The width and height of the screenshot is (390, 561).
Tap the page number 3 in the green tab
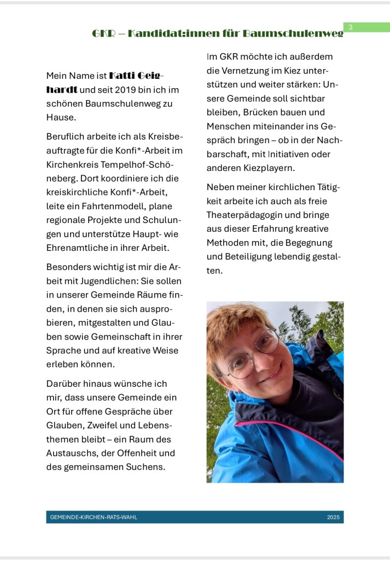(351, 27)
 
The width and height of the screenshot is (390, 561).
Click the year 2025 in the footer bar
(333, 517)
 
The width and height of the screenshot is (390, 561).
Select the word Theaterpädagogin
(245, 215)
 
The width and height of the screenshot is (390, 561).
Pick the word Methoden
(228, 242)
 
